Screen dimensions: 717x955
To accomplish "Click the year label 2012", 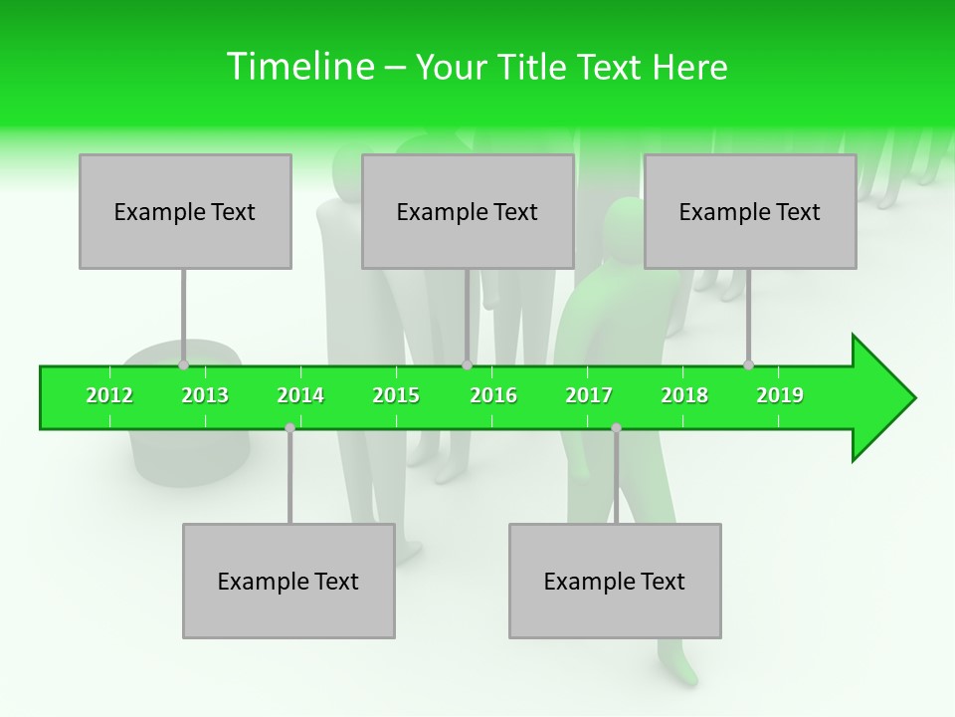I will [109, 395].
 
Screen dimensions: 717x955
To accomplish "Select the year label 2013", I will [205, 395].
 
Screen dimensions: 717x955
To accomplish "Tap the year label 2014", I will [300, 395].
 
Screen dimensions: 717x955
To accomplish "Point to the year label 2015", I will [396, 395].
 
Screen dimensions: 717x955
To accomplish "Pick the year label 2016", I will [493, 395].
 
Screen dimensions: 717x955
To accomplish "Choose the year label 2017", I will [589, 395].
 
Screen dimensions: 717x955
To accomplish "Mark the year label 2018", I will [684, 395].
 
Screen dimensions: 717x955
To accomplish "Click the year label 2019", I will [780, 395].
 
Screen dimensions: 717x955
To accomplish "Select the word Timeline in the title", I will [299, 67].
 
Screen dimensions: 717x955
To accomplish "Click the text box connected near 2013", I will [185, 211].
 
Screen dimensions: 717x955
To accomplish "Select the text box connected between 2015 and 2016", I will [468, 211].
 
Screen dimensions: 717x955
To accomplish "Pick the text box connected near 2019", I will [750, 211].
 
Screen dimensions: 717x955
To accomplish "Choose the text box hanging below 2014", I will [288, 581].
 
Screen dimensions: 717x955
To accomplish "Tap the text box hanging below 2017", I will [615, 581].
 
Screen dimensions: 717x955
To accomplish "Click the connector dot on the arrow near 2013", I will [184, 365].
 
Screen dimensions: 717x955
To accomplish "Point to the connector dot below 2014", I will [289, 427].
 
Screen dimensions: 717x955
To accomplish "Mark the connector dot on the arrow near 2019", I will [749, 365].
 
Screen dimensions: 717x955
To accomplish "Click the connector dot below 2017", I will [616, 427].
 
